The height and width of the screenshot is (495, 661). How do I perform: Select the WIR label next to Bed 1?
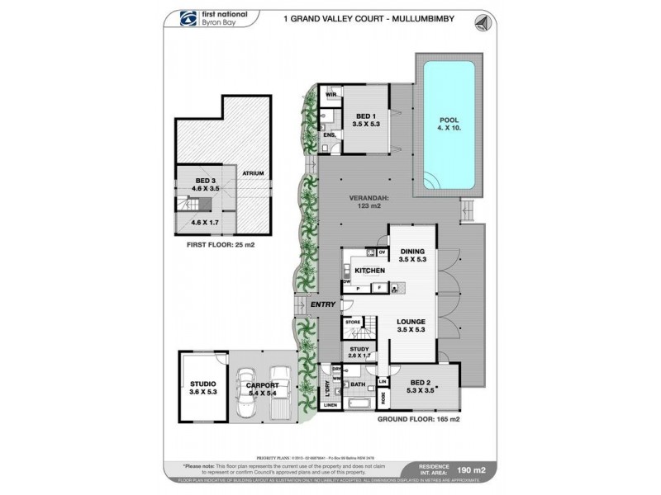click(x=329, y=95)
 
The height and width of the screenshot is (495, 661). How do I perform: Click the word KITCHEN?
click(x=370, y=271)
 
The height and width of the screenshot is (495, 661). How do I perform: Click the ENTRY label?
click(x=321, y=305)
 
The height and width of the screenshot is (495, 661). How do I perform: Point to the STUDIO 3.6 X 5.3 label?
click(x=201, y=388)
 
